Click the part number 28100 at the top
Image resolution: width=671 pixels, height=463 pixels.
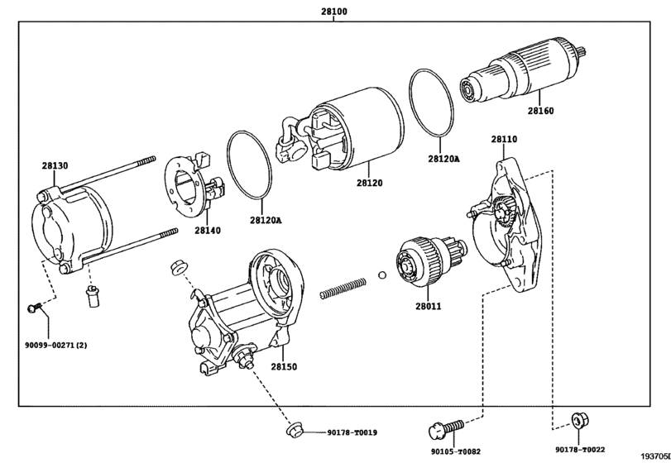[x=334, y=12]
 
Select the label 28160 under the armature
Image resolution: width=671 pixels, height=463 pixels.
[x=540, y=111]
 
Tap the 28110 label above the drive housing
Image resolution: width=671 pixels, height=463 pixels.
[x=504, y=139]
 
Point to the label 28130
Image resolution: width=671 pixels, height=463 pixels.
[x=55, y=165]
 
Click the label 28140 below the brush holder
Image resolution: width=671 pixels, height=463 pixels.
[x=208, y=231]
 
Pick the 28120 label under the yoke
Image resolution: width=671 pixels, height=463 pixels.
[x=370, y=183]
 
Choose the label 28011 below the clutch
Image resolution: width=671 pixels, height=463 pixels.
[x=429, y=306]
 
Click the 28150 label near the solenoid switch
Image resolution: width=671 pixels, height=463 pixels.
[x=284, y=366]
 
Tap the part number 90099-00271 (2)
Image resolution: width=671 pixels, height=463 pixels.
[x=56, y=345]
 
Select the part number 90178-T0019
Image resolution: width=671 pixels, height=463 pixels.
[x=352, y=432]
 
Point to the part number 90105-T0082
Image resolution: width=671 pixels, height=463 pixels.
[x=456, y=451]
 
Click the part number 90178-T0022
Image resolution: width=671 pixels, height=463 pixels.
[x=580, y=450]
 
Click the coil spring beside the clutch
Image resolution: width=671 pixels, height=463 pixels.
[x=343, y=288]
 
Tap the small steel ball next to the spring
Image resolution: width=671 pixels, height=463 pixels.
[x=382, y=274]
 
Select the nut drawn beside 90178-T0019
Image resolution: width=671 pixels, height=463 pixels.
[x=295, y=429]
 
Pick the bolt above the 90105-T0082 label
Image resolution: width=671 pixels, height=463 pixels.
[x=446, y=429]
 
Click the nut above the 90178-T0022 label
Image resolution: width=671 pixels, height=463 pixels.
[x=580, y=421]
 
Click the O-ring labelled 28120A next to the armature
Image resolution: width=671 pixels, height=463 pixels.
[x=432, y=103]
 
